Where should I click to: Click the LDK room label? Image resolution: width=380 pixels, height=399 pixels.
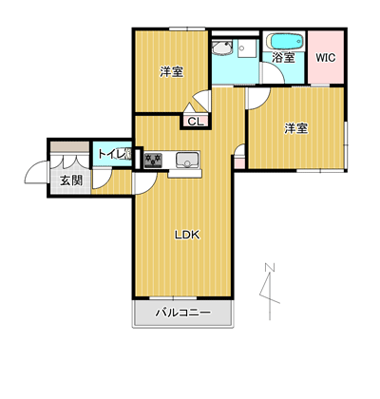pos(187,235)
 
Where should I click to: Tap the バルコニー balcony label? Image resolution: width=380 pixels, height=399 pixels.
pos(183,313)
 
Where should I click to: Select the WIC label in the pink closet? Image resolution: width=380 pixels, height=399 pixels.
pos(326,58)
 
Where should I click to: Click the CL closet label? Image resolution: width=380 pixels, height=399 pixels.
pos(195,122)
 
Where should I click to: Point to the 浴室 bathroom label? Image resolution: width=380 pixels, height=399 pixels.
pos(284,57)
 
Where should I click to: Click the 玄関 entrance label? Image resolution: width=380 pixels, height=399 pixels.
pos(71,180)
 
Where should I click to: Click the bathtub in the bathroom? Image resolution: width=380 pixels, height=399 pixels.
pos(285,41)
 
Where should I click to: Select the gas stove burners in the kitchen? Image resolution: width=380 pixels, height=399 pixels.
pos(153,161)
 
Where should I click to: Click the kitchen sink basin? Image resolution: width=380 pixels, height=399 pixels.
pos(187,160)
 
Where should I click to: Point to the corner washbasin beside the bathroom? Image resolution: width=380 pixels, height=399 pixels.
pos(222,47)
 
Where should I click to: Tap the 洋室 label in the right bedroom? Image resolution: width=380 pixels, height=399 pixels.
pos(296,128)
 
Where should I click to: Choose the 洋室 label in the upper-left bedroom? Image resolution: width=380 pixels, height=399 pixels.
pos(171,72)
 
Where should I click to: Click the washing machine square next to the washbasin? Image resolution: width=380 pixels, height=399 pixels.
pos(247,48)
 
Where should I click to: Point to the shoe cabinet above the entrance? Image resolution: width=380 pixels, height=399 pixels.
pos(69,146)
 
